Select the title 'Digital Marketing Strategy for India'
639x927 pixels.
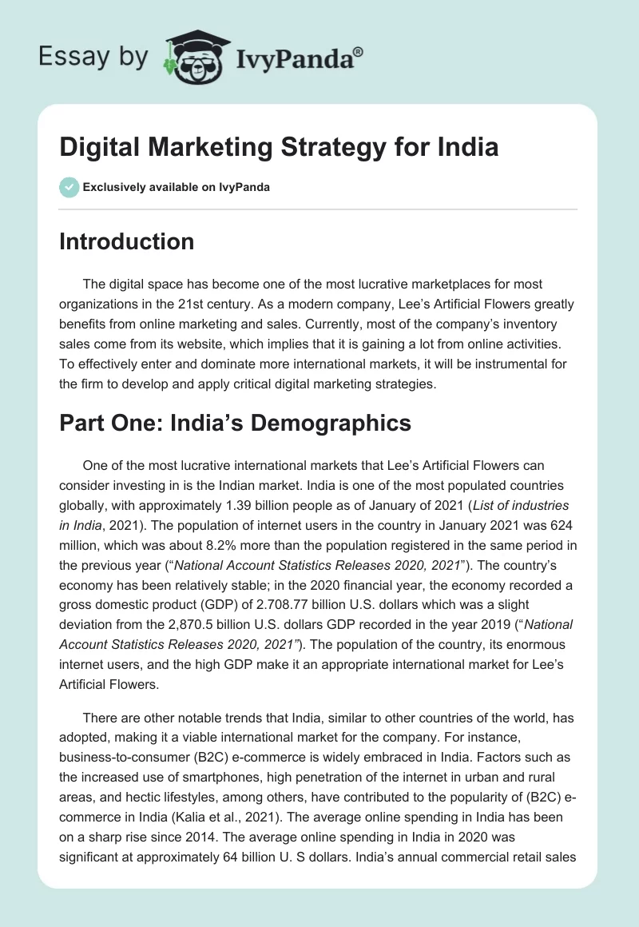279,148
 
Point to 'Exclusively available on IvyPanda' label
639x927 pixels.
177,187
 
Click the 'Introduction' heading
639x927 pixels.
126,241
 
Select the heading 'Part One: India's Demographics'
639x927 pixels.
235,423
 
